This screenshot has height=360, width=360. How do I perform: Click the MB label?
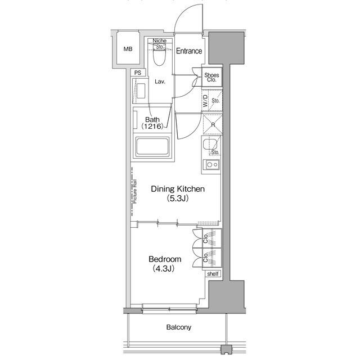click(128, 49)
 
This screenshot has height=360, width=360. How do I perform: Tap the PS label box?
click(138, 73)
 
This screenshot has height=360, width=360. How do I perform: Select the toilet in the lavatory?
click(159, 57)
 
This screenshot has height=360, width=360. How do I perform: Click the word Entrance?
click(189, 51)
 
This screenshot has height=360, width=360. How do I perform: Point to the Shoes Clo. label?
click(211, 78)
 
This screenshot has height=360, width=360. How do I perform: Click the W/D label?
click(205, 101)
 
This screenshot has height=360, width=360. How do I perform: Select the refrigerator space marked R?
click(213, 124)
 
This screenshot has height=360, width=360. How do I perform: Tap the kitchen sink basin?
click(210, 145)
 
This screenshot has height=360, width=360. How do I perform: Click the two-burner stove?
click(213, 165)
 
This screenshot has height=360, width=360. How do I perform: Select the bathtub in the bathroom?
click(152, 147)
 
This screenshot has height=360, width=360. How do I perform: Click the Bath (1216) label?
click(152, 123)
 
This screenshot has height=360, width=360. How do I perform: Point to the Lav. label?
click(160, 82)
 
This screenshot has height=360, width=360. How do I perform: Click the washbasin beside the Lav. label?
click(141, 90)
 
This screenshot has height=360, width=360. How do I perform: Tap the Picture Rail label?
click(135, 191)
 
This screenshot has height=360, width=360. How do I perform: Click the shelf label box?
click(213, 274)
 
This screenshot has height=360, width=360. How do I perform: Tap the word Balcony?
click(179, 327)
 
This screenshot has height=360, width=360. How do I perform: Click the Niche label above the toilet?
click(160, 40)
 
